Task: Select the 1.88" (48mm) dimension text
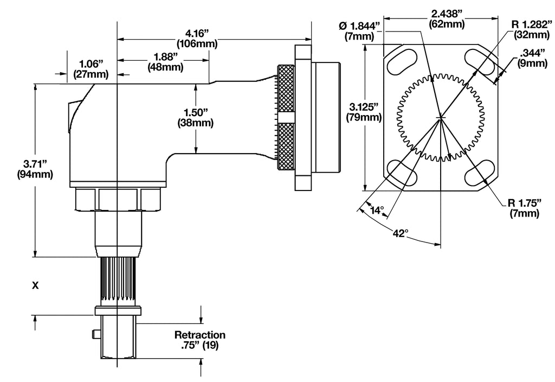[x=165, y=62]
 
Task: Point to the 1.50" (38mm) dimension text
[x=195, y=117]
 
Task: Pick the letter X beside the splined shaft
[x=35, y=285]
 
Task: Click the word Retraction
[x=199, y=335]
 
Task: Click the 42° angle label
[x=400, y=233]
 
